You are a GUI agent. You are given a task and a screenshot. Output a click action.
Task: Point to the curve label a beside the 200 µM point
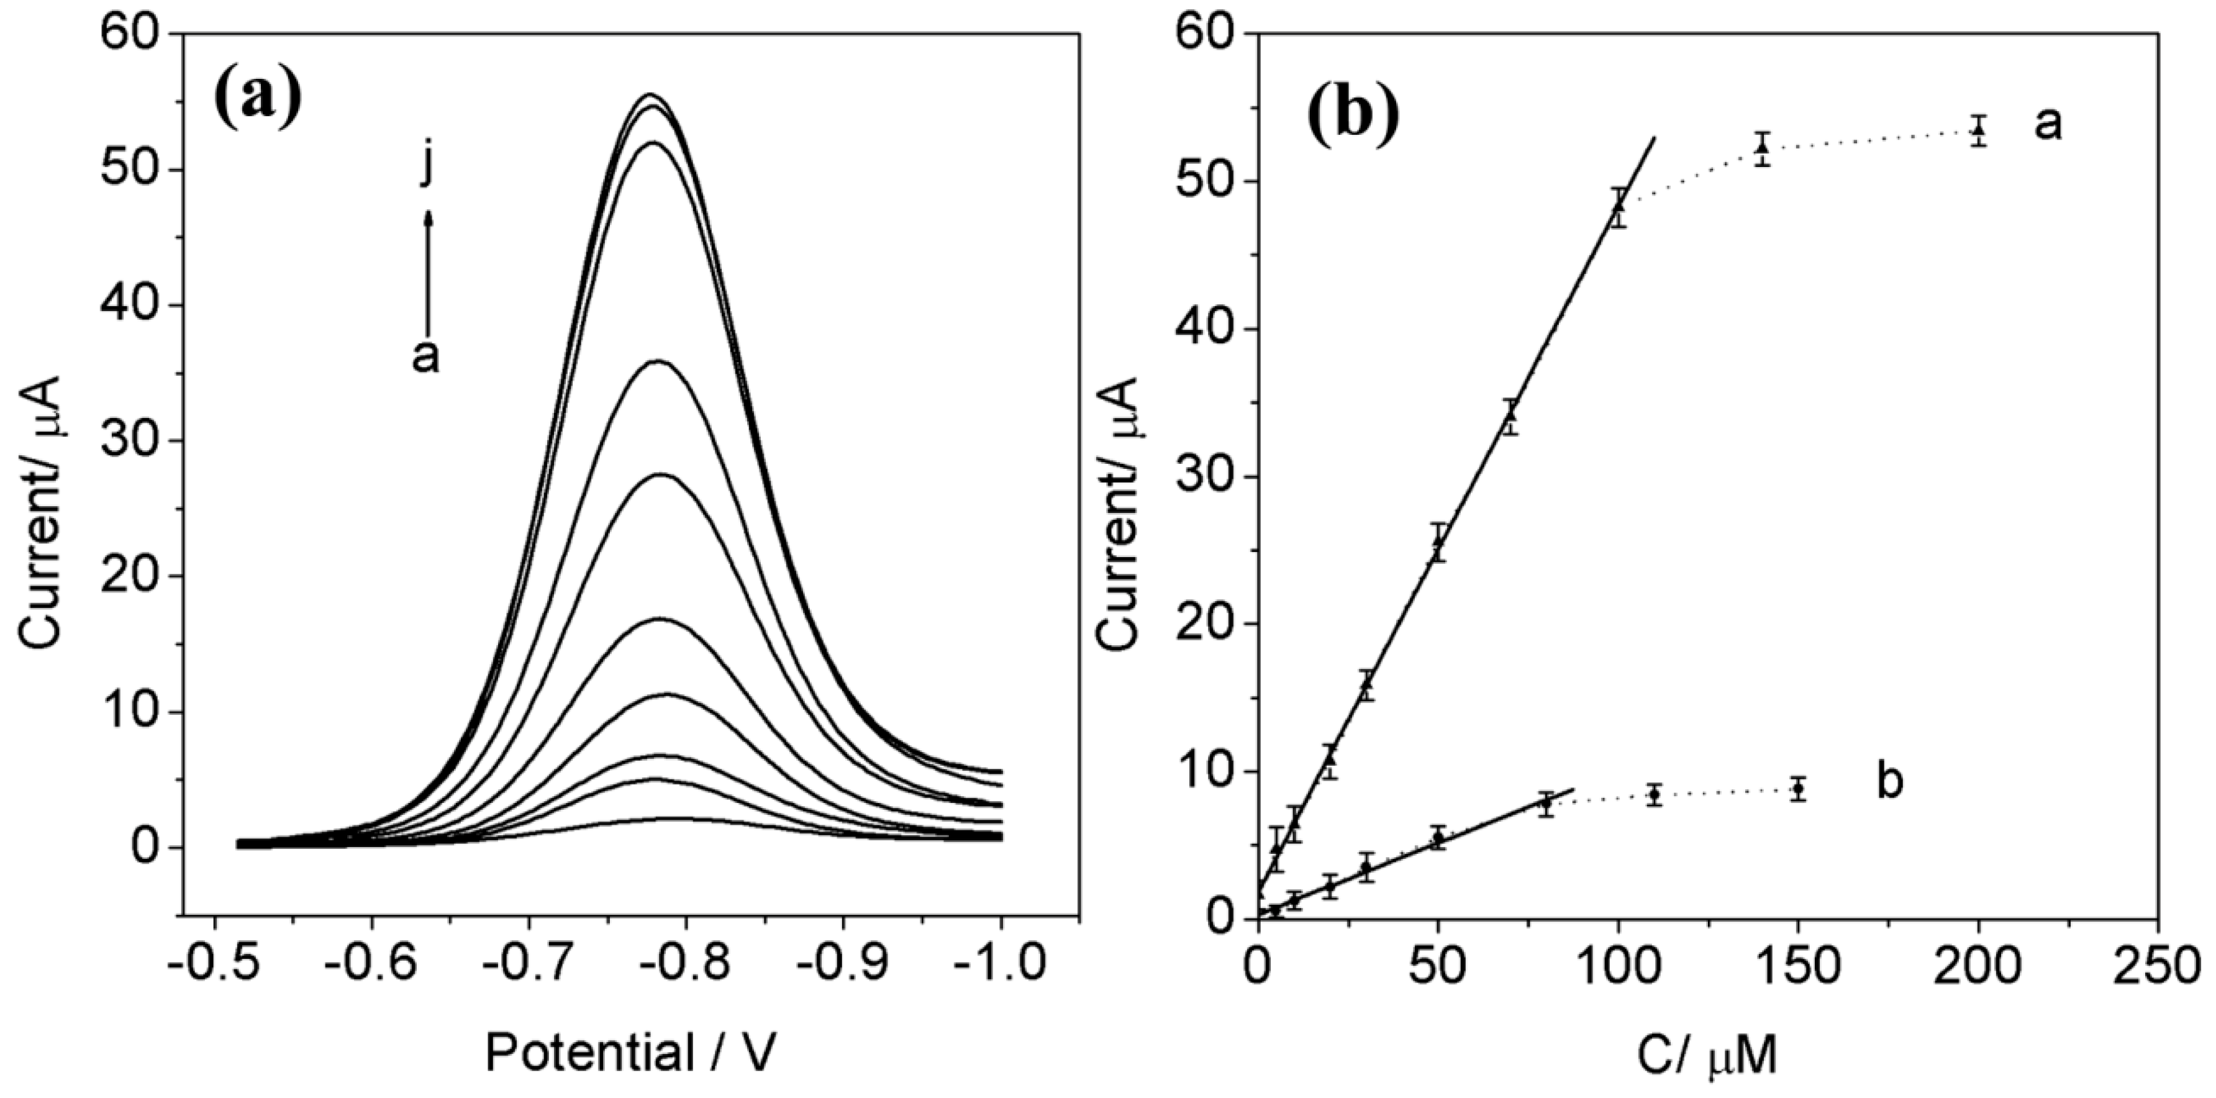[x=2048, y=125]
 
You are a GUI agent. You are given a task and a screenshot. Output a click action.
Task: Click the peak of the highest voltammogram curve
[x=652, y=94]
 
